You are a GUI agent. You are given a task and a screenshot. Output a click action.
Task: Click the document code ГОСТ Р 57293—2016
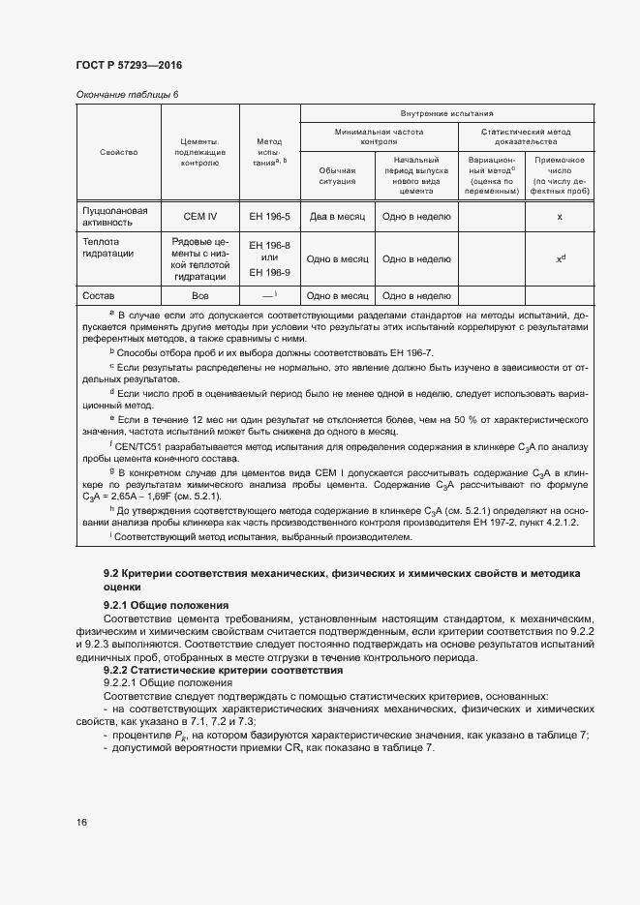pyautogui.click(x=128, y=65)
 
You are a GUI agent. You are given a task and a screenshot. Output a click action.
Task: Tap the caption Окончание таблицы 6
pyautogui.click(x=127, y=94)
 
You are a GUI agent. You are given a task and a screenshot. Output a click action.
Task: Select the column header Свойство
pyautogui.click(x=118, y=152)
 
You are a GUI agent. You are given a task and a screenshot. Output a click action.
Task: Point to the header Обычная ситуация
pyautogui.click(x=338, y=174)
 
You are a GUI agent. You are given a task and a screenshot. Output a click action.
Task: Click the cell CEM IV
pyautogui.click(x=200, y=217)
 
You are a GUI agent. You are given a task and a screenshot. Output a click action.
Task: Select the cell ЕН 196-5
pyautogui.click(x=269, y=217)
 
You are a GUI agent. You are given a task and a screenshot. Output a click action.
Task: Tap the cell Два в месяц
pyautogui.click(x=338, y=217)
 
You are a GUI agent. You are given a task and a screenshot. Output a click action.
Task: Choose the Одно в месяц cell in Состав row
pyautogui.click(x=338, y=296)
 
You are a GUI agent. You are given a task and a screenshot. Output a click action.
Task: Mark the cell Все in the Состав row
pyautogui.click(x=200, y=296)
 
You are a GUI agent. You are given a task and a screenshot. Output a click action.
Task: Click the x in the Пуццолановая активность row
pyautogui.click(x=560, y=217)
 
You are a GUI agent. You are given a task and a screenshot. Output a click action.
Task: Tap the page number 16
pyautogui.click(x=81, y=823)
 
